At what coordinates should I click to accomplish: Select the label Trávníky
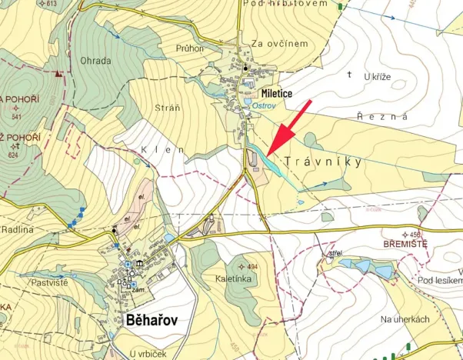322,163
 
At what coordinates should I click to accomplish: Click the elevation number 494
251,267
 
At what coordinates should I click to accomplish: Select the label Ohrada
95,60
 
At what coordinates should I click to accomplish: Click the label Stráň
168,108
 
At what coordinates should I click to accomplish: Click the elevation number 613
51,4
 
